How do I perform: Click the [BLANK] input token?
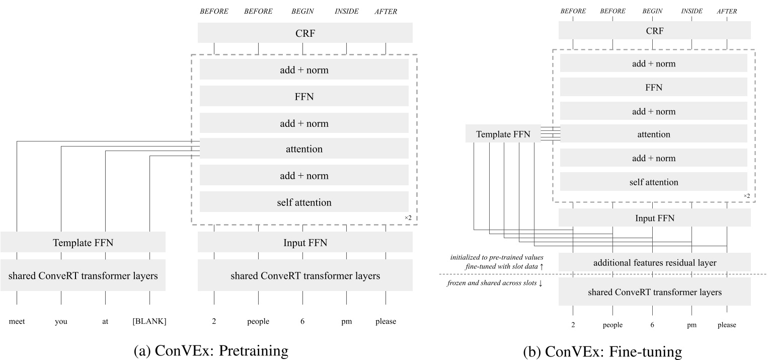149,321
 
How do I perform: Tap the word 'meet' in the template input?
17,321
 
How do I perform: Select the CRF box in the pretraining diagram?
305,33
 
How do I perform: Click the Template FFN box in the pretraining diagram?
83,243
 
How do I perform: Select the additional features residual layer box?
654,262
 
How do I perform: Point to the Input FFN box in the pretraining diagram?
305,243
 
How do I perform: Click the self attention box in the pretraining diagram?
304,202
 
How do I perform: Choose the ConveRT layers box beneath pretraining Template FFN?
83,275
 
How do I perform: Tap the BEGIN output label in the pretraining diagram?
302,12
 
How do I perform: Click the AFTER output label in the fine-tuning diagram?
727,11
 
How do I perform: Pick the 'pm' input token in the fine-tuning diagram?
692,325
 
